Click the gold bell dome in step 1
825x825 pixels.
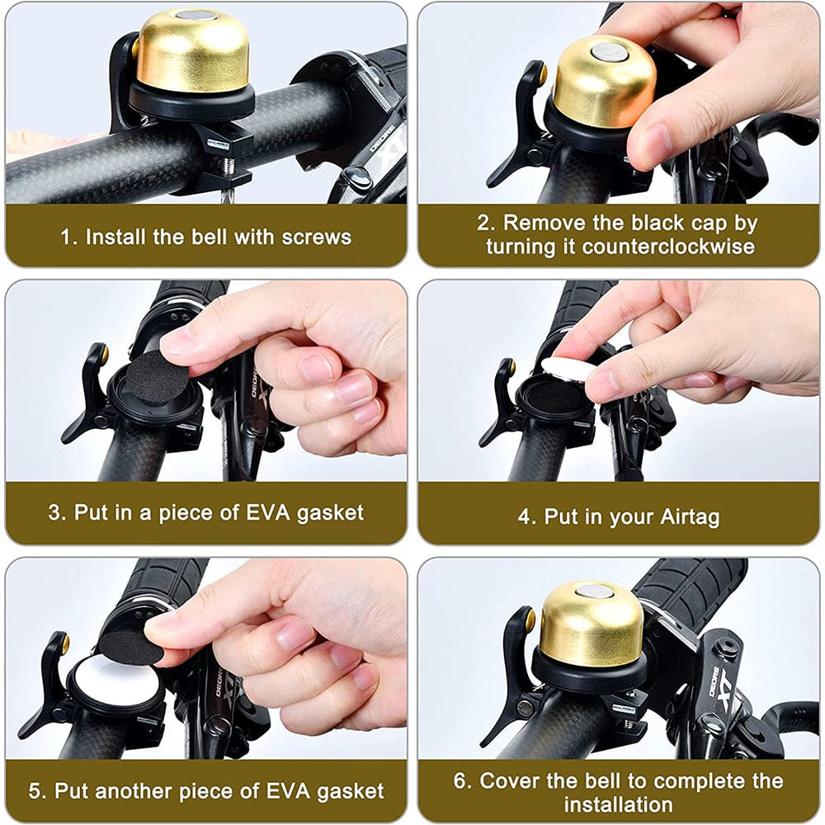coord(192,51)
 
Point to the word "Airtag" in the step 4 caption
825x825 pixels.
coord(690,516)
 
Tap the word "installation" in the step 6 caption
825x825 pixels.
coord(618,803)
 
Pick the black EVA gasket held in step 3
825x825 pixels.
coord(156,375)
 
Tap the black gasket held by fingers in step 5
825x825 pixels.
coord(131,647)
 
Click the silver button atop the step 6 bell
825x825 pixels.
coord(592,589)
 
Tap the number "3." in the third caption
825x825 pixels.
coord(57,511)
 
